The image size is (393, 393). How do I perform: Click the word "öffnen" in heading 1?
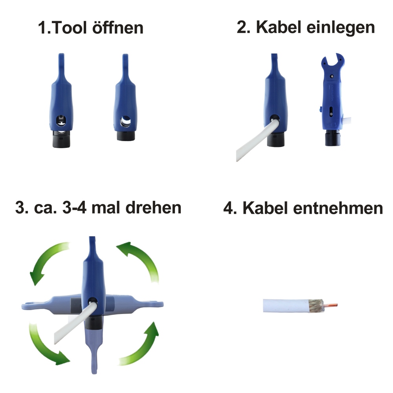118,28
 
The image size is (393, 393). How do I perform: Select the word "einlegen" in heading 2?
341,28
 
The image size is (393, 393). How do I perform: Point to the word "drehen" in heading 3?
153,208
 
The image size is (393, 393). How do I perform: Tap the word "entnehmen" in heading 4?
338,208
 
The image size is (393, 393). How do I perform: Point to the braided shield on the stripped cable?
316,305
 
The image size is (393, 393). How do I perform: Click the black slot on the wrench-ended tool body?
331,112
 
